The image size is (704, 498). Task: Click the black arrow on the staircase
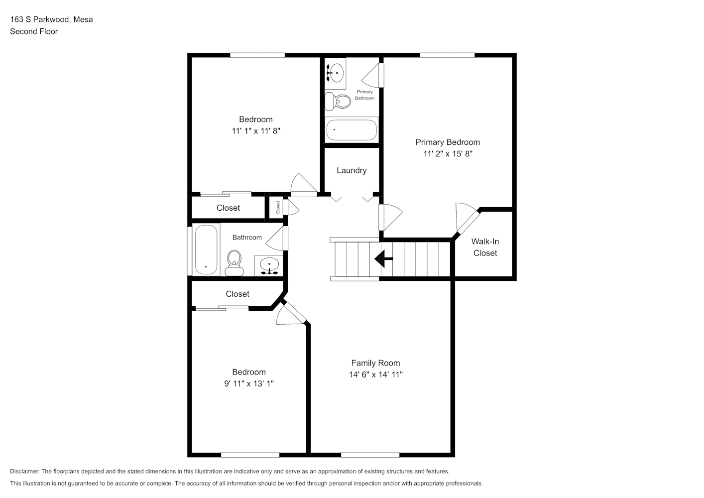(383, 259)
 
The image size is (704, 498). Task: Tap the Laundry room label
(352, 170)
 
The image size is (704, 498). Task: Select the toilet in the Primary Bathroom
(338, 101)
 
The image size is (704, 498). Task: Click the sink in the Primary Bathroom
(335, 73)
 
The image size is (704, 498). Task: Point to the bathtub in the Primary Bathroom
(352, 129)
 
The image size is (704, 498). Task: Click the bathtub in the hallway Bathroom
(206, 249)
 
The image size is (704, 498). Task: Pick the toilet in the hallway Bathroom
(234, 263)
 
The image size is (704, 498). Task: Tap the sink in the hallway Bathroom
(269, 265)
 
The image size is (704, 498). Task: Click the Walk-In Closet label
(485, 247)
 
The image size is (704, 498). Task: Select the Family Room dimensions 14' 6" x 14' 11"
(375, 374)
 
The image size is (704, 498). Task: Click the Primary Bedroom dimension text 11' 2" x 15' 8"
(448, 154)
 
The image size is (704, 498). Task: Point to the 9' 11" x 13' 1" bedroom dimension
(249, 383)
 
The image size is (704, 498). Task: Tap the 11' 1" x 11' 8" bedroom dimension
(256, 131)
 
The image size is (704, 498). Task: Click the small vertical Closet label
(278, 208)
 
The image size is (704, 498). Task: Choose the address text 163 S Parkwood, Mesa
(52, 19)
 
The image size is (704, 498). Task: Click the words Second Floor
(34, 31)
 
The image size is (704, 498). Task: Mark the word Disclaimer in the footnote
(25, 471)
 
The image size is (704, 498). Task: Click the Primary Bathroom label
(365, 95)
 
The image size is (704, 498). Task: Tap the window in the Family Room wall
(370, 455)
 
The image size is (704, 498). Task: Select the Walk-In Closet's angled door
(468, 222)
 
